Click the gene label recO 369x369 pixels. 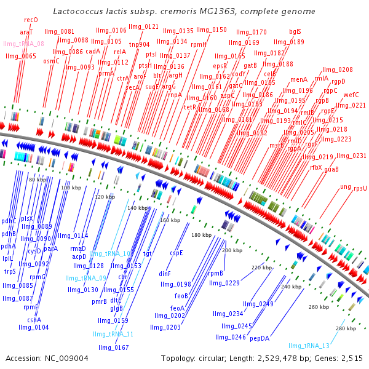point(31,20)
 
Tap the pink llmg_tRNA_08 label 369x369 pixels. point(23,44)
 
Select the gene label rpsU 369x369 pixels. point(360,188)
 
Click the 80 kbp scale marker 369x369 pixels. point(38,179)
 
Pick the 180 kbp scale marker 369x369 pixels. point(201,235)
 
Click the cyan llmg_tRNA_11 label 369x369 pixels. point(113,334)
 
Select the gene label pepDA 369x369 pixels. point(260,338)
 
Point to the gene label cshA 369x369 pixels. point(34,320)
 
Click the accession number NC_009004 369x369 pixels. point(64,358)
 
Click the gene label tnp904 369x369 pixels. point(139,44)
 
